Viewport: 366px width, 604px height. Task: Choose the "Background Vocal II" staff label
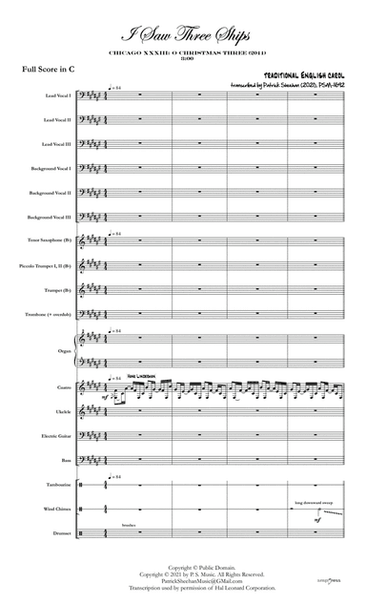tap(51, 192)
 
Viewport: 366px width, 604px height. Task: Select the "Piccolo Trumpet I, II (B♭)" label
tap(47, 265)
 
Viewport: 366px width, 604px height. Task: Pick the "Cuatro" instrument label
tap(62, 388)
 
